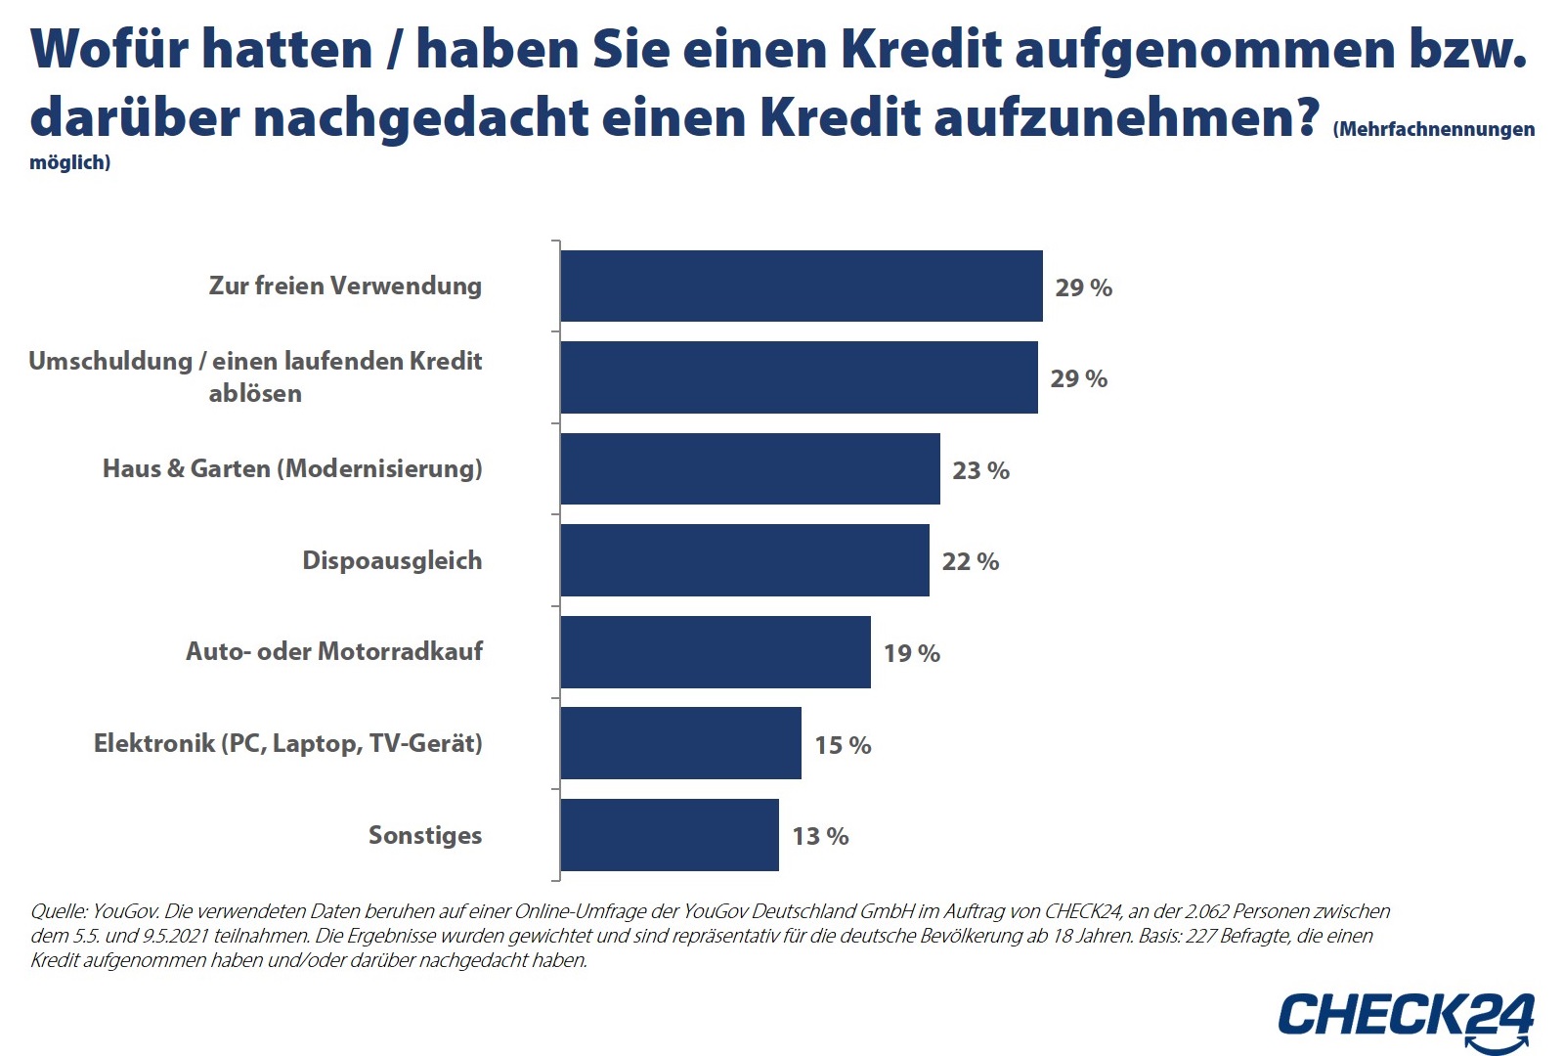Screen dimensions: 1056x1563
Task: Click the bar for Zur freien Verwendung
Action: pos(802,286)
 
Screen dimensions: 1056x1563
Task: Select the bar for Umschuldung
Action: pos(799,377)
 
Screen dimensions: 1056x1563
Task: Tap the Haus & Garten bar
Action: pos(750,469)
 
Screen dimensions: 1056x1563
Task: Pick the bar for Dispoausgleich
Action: pos(745,560)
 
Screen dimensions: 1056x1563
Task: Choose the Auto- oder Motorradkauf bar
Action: pos(716,652)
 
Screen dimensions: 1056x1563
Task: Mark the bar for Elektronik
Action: pos(680,743)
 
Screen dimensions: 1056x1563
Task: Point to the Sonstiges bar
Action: pos(670,835)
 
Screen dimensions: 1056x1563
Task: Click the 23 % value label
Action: pos(980,470)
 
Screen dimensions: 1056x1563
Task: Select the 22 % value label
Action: pos(970,561)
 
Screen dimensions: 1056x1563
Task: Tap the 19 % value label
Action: pos(911,653)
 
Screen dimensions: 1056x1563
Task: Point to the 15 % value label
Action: pos(843,745)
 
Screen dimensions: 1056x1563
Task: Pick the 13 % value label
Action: pos(820,836)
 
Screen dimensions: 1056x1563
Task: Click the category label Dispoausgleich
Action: pos(392,560)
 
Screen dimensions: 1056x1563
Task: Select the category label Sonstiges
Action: pos(425,835)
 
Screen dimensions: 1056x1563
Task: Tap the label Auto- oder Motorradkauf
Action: pos(334,651)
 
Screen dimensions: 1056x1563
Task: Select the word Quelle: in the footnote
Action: pos(60,911)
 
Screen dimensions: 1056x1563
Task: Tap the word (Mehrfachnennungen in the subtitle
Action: pos(1433,129)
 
